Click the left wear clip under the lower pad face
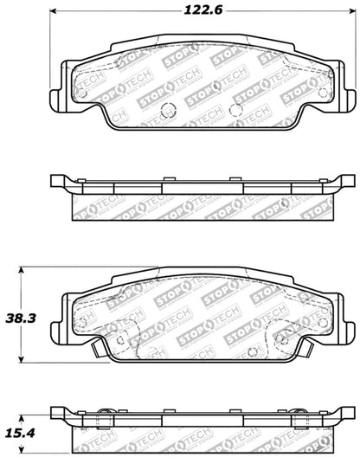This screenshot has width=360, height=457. tap(92, 351)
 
